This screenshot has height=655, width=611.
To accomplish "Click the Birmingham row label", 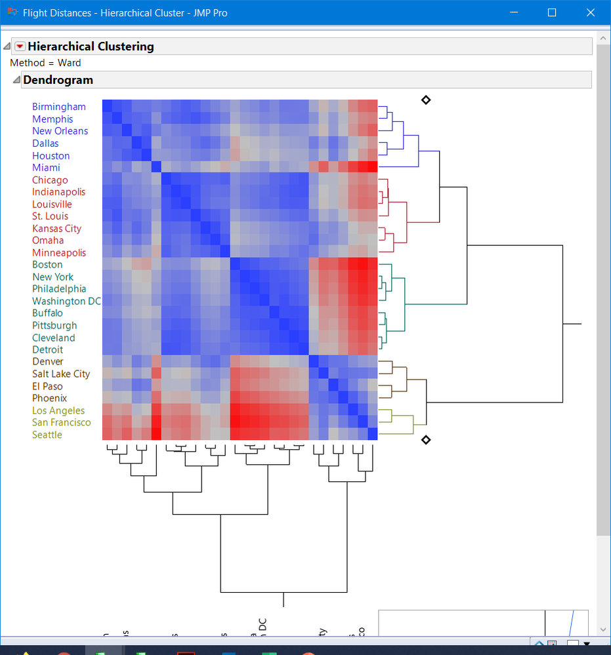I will click(x=59, y=107).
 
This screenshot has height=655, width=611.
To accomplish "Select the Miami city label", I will click(x=46, y=168).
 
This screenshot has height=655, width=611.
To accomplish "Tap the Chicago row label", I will click(x=50, y=180).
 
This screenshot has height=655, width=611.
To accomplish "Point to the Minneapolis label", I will click(x=59, y=253).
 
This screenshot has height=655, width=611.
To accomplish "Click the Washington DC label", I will click(x=67, y=302).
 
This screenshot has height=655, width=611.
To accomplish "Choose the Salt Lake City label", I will click(x=61, y=374).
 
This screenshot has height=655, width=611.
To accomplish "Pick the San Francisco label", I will click(x=62, y=423).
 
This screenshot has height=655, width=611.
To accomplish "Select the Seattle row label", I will click(x=47, y=435).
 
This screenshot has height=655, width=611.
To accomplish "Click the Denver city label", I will click(x=48, y=362).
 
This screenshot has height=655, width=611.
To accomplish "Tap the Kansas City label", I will click(x=56, y=229).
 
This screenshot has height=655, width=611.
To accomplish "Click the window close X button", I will click(x=590, y=12).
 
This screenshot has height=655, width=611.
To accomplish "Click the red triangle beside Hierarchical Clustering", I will click(x=20, y=47).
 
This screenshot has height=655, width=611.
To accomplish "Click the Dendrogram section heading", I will click(x=58, y=80).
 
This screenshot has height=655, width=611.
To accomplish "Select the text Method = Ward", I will click(x=46, y=63).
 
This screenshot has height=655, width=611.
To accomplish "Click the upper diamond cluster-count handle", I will click(x=426, y=100).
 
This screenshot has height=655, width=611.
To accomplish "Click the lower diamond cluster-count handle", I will click(x=426, y=439).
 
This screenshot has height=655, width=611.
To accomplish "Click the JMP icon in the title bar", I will click(x=12, y=12).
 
